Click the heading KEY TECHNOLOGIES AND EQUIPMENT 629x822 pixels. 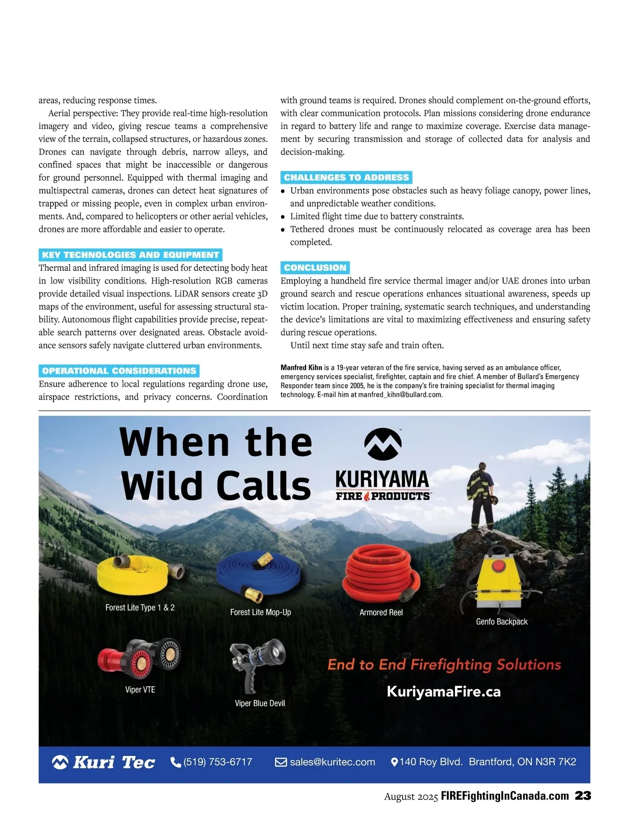131,255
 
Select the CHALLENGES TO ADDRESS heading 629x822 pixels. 346,177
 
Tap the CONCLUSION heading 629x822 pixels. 315,268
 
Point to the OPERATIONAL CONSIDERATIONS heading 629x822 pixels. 119,371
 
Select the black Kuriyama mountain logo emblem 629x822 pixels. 383,444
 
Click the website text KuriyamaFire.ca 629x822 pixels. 443,692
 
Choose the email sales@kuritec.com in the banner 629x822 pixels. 332,762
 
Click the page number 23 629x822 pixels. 583,796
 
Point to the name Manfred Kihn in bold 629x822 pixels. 301,368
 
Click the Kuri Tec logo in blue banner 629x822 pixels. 104,762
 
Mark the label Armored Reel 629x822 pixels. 381,612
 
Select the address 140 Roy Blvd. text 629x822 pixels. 431,762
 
